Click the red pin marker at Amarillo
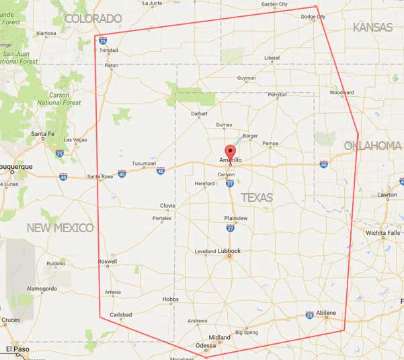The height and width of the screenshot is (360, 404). click(x=230, y=151)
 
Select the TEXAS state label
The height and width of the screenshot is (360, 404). click(x=257, y=197)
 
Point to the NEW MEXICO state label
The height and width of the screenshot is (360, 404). click(x=60, y=228)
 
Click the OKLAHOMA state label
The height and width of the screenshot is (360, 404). click(x=372, y=145)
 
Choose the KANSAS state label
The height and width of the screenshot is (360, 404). click(x=372, y=27)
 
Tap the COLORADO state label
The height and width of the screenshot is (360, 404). click(x=93, y=18)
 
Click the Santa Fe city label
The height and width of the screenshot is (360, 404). click(x=42, y=134)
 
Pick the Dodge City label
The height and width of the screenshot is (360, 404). click(x=313, y=17)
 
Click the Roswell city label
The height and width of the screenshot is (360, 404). click(x=107, y=261)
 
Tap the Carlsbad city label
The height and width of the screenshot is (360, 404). click(x=122, y=314)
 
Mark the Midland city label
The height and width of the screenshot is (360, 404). click(x=219, y=337)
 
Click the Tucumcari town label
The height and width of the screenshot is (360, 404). click(x=144, y=164)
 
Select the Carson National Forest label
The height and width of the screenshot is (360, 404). click(x=59, y=99)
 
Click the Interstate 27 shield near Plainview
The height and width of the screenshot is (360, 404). click(x=230, y=229)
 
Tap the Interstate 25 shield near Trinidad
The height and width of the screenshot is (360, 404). click(x=102, y=41)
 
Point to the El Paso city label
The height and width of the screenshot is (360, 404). click(x=18, y=349)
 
